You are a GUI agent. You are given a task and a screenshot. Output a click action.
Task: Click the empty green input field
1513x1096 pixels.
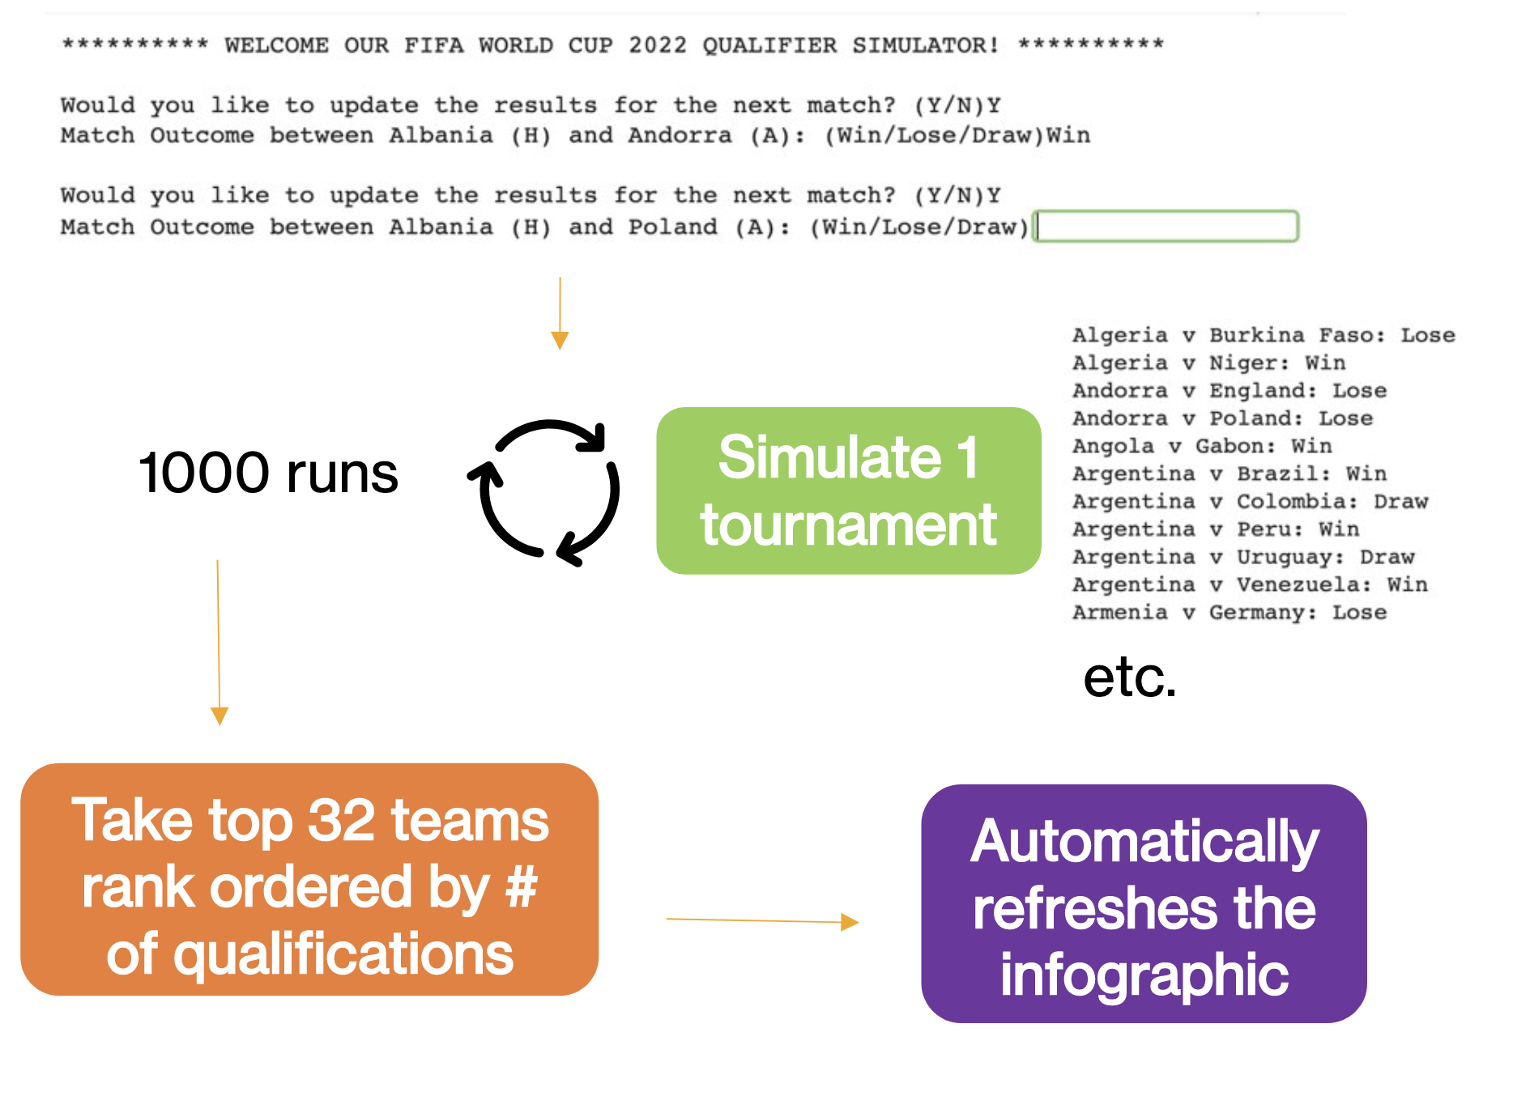click(x=1167, y=226)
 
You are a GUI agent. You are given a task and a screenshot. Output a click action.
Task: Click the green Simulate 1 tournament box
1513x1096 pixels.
click(x=848, y=491)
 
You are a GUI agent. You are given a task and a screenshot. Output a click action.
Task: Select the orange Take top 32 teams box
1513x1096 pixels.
click(x=309, y=879)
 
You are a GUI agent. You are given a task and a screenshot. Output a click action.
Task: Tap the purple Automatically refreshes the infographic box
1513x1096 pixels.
click(x=1144, y=903)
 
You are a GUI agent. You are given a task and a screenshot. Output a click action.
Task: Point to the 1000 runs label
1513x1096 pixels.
click(x=268, y=473)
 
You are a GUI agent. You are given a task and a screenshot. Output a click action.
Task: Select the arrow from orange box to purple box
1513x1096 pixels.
click(x=761, y=920)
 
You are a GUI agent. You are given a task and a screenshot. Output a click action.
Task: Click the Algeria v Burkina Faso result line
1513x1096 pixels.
click(x=1263, y=335)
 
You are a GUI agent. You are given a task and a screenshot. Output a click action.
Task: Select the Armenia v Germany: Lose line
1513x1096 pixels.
click(x=1229, y=612)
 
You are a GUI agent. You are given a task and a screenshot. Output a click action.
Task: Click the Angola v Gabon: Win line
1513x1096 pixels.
click(x=1201, y=446)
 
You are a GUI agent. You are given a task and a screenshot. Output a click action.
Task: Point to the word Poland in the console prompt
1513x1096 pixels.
click(x=672, y=227)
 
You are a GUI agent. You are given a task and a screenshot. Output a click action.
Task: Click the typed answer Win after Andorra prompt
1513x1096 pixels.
click(x=1068, y=135)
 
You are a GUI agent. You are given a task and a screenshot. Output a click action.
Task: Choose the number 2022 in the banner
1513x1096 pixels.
click(x=657, y=45)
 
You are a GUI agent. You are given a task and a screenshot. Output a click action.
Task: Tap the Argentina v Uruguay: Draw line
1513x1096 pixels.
click(x=1242, y=557)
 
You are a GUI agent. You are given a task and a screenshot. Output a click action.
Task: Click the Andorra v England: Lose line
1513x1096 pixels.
click(x=1229, y=391)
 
